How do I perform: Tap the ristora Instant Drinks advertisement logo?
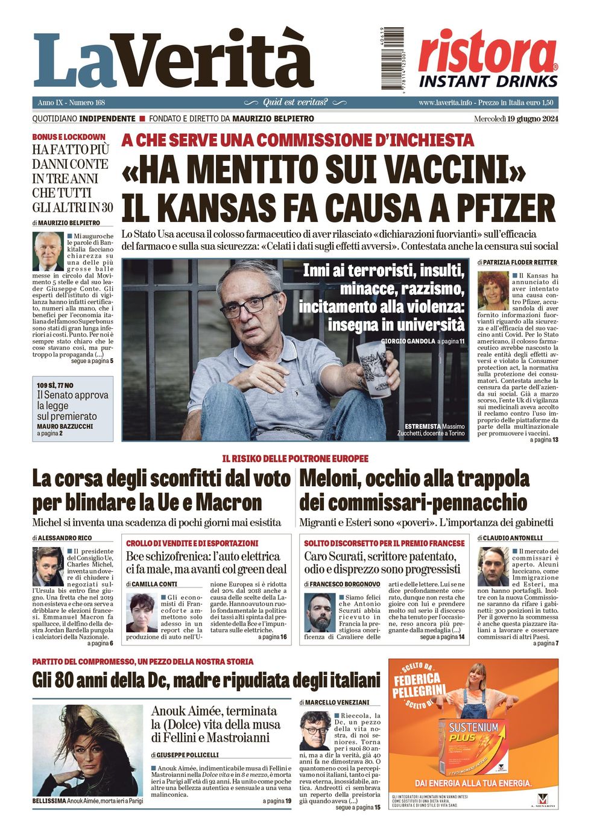488,59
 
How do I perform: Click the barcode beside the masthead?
392,59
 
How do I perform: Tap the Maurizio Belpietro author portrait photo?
48,252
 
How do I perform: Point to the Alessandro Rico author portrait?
48,567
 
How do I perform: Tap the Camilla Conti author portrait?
141,612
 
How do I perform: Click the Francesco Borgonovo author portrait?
320,612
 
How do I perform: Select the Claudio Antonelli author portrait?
493,567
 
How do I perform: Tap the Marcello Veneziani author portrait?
314,730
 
